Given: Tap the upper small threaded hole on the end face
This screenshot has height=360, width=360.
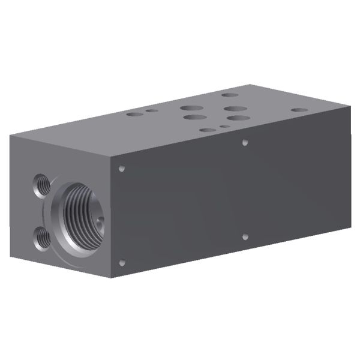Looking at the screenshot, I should coord(41,181).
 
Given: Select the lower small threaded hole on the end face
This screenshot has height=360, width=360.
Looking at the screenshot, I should coord(41,236).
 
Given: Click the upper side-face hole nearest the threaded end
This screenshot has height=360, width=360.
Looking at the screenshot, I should coord(122,169).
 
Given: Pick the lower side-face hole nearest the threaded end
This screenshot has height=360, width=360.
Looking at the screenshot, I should coord(122,262).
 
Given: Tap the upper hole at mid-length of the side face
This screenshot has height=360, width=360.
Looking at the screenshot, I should coord(245,143).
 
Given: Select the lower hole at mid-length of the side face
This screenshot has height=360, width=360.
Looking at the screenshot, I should coord(245,237).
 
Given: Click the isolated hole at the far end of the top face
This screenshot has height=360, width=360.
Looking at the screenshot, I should coord(298,110).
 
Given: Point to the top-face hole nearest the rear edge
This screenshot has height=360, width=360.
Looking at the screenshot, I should coord(229,95).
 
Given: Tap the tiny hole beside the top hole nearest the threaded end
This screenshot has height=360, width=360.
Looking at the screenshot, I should coord(153,110).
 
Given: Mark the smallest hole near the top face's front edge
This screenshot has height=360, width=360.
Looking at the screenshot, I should coord(224,127).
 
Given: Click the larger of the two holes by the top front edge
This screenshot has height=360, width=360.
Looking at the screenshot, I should coord(207,130).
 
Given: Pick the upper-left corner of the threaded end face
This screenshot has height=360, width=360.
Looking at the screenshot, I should coord(10,136).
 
